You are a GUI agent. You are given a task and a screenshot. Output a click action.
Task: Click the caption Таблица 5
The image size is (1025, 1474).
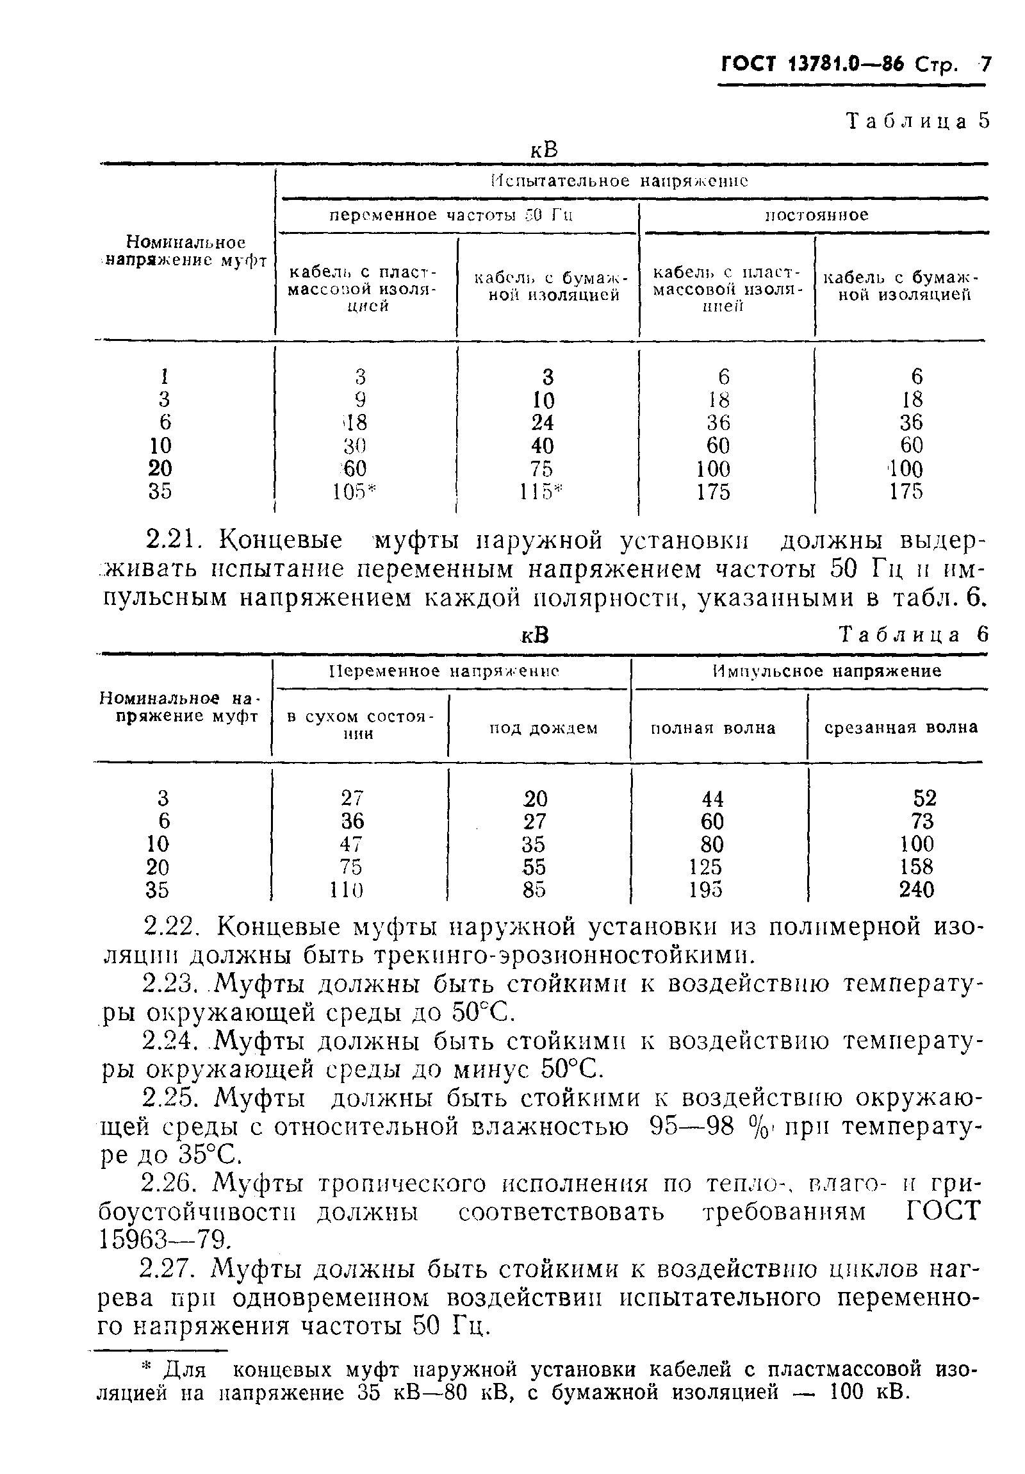[918, 120]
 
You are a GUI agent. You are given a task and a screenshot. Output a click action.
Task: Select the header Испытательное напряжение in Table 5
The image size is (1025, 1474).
[619, 181]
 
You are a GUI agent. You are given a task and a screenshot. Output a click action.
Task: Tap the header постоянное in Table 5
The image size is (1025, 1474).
[816, 215]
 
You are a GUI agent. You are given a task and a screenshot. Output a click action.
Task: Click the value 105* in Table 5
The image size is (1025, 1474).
[353, 492]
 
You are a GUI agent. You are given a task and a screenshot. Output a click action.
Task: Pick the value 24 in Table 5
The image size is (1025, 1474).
[543, 422]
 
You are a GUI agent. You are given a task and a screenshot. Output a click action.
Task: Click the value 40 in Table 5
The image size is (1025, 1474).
[543, 445]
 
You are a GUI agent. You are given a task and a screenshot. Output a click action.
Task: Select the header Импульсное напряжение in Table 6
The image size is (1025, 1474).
[826, 672]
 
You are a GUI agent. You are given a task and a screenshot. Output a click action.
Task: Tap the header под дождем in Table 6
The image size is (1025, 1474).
[543, 728]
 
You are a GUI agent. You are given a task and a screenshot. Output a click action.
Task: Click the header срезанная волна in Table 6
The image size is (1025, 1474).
[901, 727]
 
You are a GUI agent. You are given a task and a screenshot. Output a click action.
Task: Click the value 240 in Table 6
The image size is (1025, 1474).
[916, 890]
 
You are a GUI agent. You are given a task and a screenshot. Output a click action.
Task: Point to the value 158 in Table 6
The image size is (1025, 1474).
[916, 866]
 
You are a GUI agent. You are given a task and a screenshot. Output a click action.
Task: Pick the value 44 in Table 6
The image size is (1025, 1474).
[712, 799]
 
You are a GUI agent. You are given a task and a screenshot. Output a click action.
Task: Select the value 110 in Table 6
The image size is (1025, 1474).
[347, 890]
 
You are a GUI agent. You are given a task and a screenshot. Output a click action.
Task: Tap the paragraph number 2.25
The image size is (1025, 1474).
[172, 1098]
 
